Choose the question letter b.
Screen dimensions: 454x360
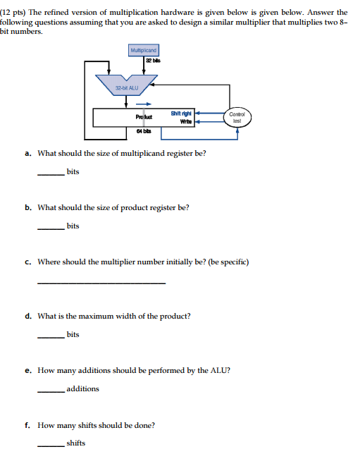point(27,208)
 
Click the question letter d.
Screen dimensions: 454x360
point(27,317)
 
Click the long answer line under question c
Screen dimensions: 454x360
point(101,283)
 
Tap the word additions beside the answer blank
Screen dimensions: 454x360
point(83,388)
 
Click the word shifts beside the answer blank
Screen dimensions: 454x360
point(75,443)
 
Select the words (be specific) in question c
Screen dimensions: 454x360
point(225,262)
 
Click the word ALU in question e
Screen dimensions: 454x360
point(221,370)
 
